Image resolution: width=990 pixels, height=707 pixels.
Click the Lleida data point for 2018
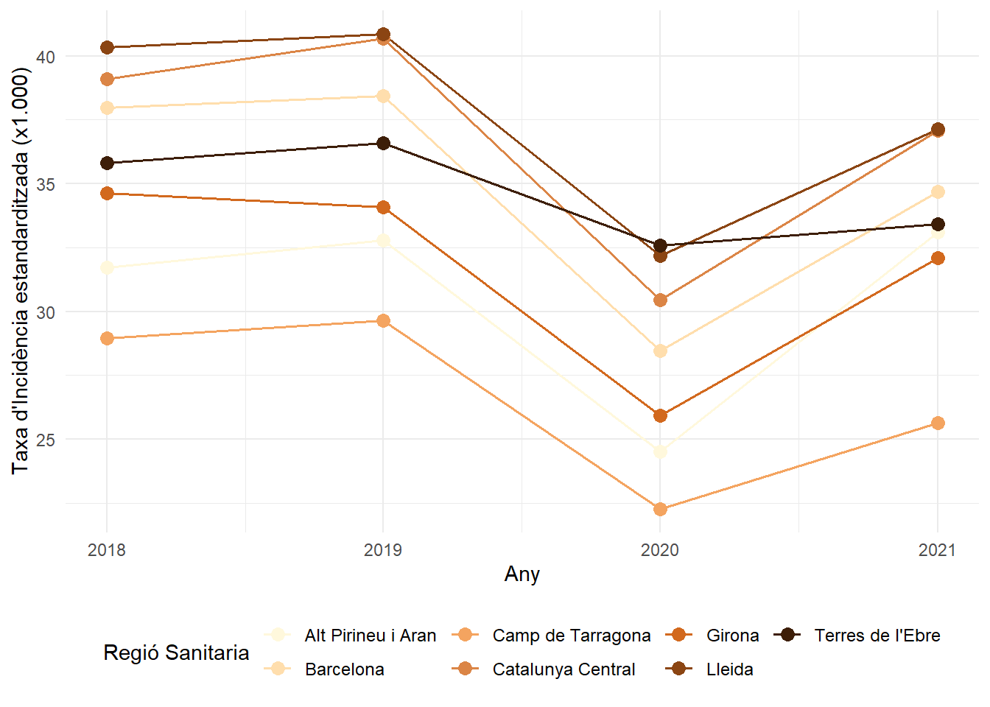tap(107, 47)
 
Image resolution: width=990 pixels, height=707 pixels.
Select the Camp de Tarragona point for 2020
tap(660, 509)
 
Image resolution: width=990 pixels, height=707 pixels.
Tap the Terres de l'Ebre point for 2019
tap(383, 143)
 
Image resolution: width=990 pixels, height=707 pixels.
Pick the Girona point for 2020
tap(660, 415)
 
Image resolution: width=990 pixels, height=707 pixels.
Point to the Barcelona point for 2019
tap(383, 96)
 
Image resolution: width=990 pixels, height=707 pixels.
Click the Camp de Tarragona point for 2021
tap(937, 423)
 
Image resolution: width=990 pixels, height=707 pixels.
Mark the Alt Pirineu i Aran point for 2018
tap(107, 267)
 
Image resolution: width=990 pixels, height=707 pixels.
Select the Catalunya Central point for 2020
tap(660, 300)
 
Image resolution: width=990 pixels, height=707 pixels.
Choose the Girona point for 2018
tap(107, 193)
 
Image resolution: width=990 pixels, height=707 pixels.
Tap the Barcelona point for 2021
tap(937, 191)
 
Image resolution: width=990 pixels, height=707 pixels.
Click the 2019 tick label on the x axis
tap(383, 550)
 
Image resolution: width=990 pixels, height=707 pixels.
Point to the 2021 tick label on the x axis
tap(937, 550)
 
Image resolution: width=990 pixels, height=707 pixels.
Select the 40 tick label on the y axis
tap(46, 57)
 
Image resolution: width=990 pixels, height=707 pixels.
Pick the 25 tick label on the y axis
tap(46, 440)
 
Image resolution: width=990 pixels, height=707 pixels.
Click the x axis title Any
tap(522, 574)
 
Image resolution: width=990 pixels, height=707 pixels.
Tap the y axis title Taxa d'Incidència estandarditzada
tap(21, 271)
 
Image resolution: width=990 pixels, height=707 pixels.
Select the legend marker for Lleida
tap(679, 669)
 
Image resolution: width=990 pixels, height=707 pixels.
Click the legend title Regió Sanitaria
tap(176, 653)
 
